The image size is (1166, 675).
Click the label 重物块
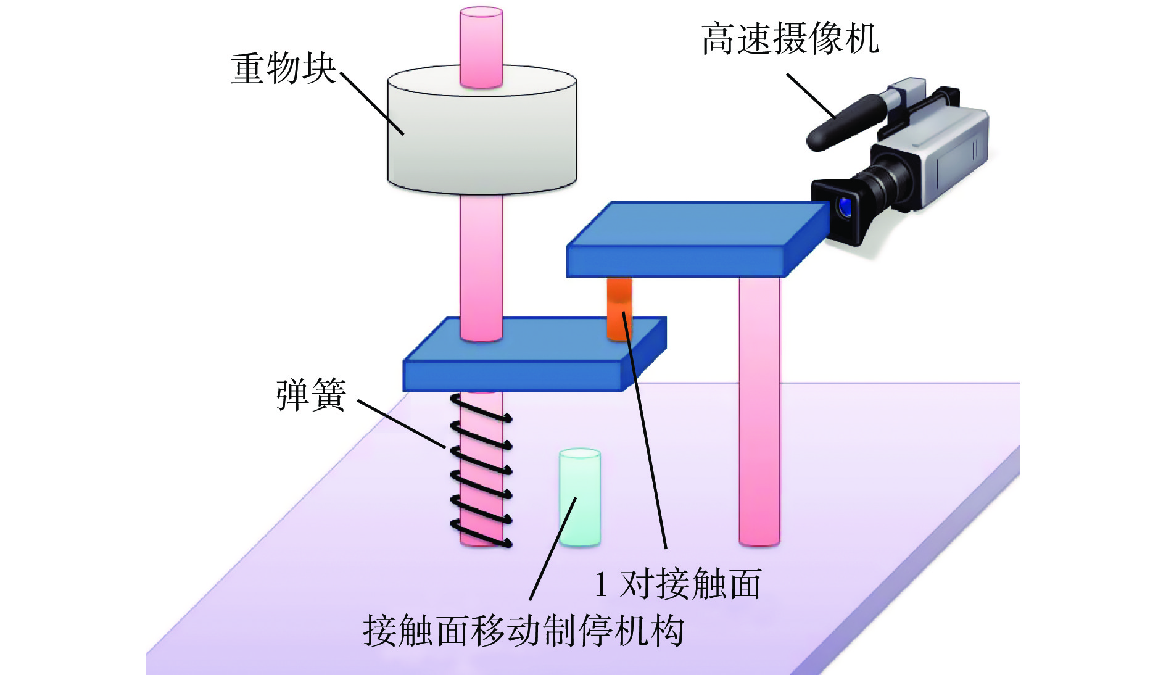click(283, 68)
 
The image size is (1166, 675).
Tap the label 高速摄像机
click(790, 39)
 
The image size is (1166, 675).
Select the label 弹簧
click(311, 395)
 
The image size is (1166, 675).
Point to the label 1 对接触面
click(677, 584)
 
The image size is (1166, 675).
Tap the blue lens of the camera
click(844, 207)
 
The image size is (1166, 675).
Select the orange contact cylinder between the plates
click(619, 309)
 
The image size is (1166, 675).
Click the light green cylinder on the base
click(580, 497)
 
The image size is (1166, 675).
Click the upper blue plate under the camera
click(698, 239)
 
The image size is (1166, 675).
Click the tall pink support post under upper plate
click(759, 411)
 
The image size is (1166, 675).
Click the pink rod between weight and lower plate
click(481, 267)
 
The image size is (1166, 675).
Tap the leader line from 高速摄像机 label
click(811, 96)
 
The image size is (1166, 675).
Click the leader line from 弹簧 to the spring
click(402, 424)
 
